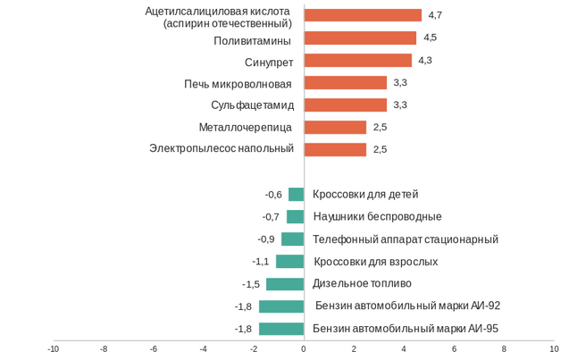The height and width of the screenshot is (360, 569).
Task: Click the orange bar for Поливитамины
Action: coord(360,38)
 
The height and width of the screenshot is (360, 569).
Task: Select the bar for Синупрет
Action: coord(357,60)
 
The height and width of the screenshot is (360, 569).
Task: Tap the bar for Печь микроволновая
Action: coord(345,82)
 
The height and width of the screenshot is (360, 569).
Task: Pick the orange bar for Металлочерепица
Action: coord(335,127)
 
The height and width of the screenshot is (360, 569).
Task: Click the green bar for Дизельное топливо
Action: coord(285,284)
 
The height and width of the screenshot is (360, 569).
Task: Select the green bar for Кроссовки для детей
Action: coord(296,194)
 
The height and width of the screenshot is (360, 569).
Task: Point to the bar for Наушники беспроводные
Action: coord(295,216)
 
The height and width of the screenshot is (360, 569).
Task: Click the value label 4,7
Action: coord(436,15)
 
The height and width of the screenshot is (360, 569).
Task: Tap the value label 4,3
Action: coord(425,60)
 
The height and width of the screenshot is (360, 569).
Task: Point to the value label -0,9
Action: coord(266,239)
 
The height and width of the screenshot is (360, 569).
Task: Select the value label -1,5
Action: coord(251,284)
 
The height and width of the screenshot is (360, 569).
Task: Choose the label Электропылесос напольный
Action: coord(222,148)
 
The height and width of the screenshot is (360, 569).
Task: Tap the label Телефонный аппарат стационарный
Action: coord(406,239)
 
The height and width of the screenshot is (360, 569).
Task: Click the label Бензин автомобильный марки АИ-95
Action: coord(406,329)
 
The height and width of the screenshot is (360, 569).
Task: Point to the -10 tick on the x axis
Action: coord(54,349)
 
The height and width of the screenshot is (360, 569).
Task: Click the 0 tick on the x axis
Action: coord(304,349)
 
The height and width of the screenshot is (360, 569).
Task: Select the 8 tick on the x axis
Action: coord(504,349)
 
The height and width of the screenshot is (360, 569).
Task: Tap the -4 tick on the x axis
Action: coord(204,349)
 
